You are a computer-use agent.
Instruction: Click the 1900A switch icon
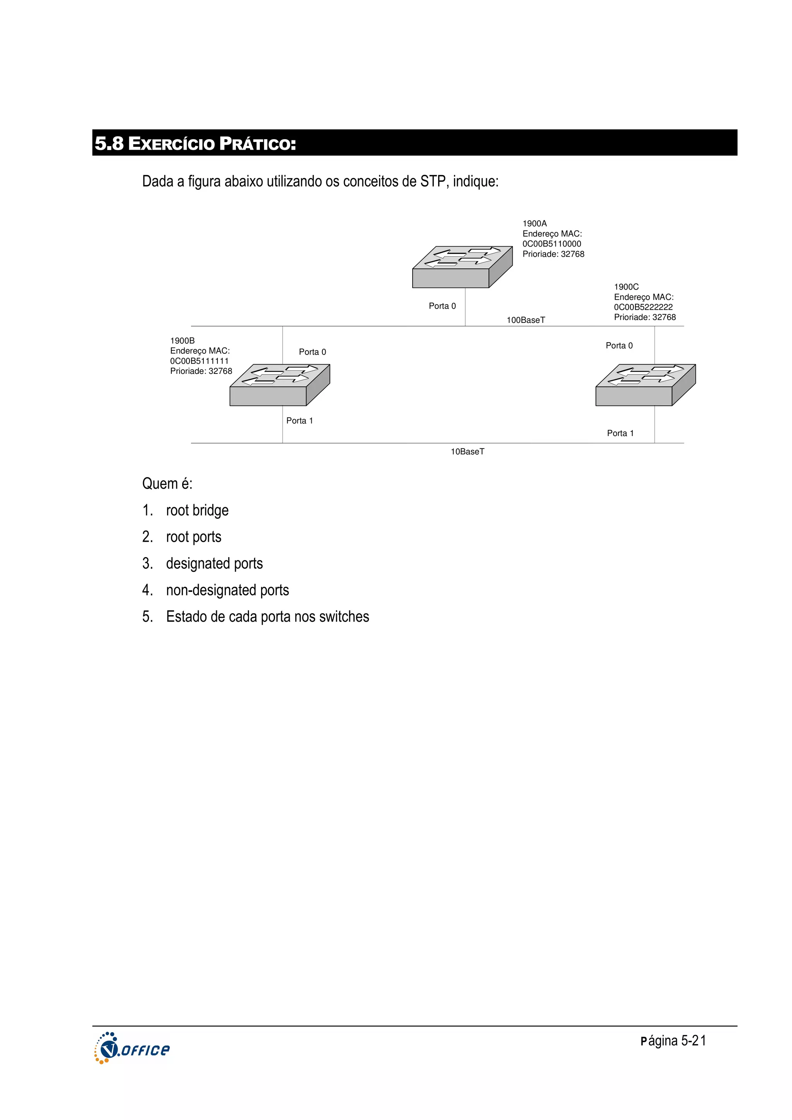462,267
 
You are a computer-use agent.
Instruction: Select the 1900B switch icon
279,385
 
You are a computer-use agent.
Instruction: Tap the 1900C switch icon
645,385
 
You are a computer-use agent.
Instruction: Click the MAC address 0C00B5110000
551,244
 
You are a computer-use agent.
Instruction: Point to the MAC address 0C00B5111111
199,361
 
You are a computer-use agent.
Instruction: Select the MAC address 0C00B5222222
643,307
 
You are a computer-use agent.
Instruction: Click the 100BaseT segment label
526,320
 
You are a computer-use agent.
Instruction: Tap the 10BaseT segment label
467,452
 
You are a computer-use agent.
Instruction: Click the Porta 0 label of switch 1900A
442,306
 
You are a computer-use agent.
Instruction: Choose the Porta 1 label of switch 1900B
299,421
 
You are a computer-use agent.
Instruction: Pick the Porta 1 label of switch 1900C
620,433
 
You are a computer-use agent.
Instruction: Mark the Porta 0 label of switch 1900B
312,352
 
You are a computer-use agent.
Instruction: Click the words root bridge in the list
197,510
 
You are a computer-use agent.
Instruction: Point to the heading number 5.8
109,143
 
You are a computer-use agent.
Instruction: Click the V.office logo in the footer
132,1049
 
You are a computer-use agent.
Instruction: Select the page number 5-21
693,1041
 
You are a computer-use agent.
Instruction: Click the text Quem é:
167,484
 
